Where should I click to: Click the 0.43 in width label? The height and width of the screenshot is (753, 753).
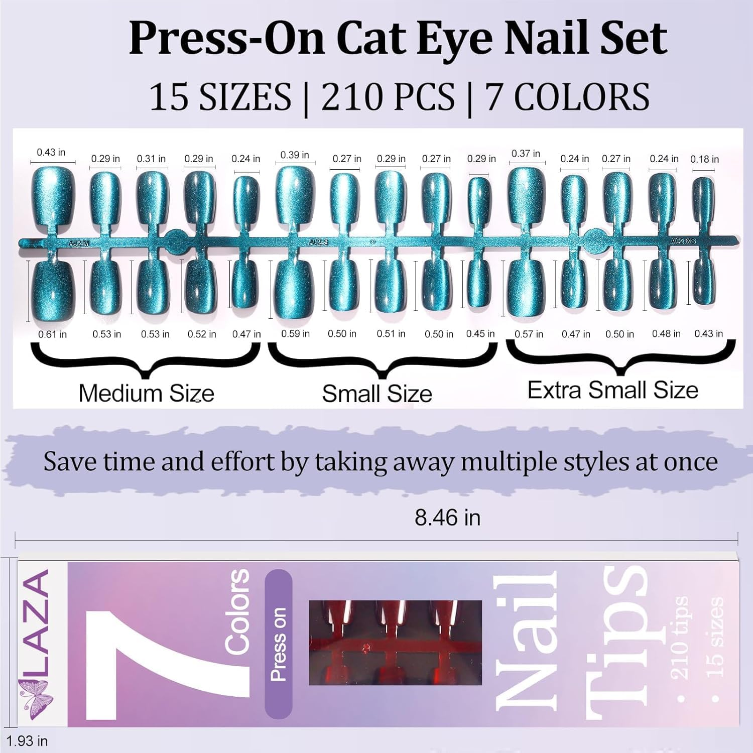click(x=51, y=152)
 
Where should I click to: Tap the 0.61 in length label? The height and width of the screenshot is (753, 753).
click(x=52, y=334)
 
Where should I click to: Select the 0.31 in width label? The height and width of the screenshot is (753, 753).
click(x=151, y=159)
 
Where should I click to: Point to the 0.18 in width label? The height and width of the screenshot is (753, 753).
click(x=704, y=159)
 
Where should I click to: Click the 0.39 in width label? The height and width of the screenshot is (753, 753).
click(x=295, y=155)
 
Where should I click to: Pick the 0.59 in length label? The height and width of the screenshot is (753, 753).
click(x=295, y=334)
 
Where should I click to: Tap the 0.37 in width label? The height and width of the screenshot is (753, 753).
click(x=526, y=154)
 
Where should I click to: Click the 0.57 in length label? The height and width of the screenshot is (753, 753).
click(x=529, y=334)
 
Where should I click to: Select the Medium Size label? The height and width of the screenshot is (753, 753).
click(x=146, y=393)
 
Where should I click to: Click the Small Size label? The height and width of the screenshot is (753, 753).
click(x=377, y=394)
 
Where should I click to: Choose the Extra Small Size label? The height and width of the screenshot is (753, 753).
click(x=612, y=390)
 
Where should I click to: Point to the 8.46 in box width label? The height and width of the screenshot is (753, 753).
click(x=447, y=518)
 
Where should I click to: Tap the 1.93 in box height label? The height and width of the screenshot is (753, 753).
click(x=27, y=741)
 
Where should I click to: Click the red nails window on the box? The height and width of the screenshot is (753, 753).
click(x=395, y=643)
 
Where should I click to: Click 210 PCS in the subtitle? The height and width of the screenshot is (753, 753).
click(x=388, y=96)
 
